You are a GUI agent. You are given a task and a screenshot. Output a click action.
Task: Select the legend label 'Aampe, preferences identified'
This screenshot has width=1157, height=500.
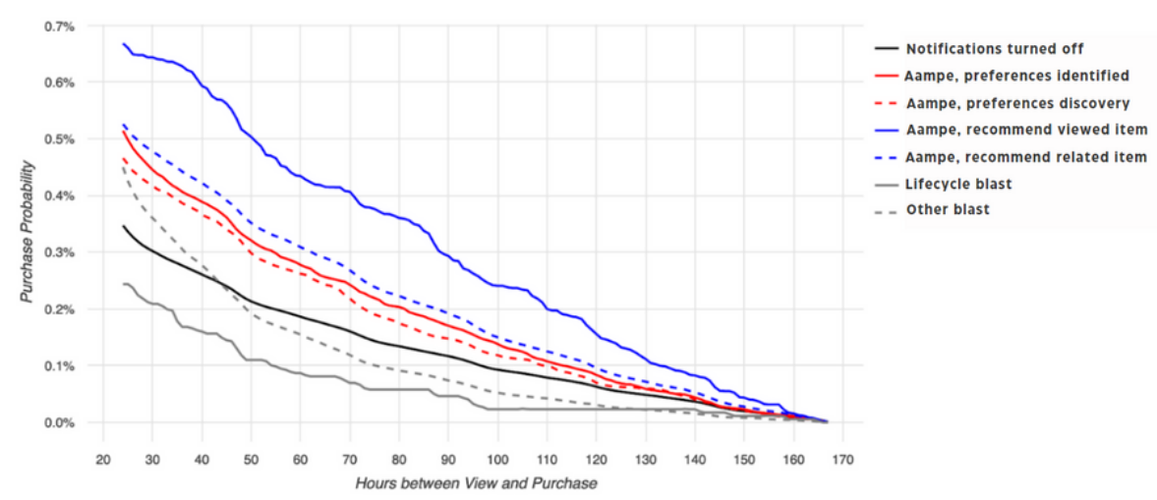1016,76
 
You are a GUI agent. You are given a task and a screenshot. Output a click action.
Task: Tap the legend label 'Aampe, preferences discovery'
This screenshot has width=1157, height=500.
1016,103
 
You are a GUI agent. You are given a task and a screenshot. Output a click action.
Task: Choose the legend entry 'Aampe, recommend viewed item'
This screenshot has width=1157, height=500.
1024,130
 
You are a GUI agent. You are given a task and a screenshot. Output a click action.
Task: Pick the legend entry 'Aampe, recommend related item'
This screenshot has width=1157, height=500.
1026,157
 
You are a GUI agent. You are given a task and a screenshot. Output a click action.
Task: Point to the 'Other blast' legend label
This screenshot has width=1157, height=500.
948,210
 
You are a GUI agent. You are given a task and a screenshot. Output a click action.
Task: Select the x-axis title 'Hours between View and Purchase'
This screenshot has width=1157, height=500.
476,483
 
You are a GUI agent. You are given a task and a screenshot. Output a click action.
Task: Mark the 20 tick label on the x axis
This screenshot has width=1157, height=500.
102,459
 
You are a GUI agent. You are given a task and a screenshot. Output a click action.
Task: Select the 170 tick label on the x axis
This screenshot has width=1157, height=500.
842,459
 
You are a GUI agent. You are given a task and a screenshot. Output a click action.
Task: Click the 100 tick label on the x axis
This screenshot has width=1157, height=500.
496,459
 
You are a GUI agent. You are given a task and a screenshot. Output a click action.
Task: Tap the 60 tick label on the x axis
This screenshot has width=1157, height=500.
300,459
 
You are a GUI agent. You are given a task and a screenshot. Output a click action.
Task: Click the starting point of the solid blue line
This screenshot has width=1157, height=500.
123,43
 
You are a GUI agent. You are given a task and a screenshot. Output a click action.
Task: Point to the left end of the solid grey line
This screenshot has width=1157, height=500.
123,284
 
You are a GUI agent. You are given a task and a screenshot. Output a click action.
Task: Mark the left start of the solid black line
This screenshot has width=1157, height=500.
123,226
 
